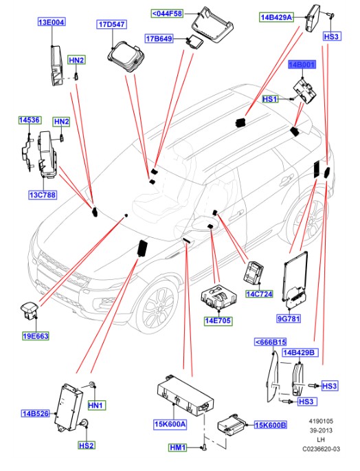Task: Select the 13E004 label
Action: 52,22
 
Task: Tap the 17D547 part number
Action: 111,25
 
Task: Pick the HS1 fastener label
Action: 271,100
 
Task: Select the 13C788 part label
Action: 42,195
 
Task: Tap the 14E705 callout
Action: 218,320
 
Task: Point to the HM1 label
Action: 179,448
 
